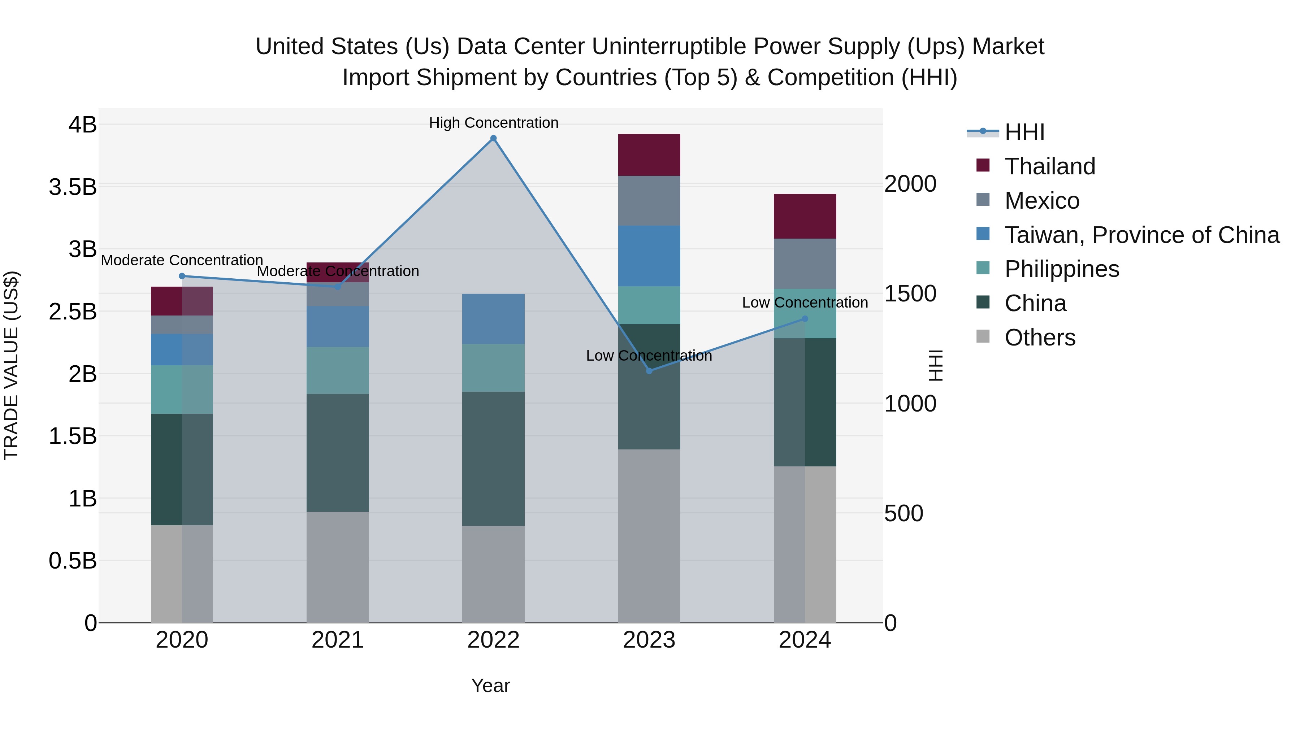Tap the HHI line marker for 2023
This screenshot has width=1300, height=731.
(x=649, y=371)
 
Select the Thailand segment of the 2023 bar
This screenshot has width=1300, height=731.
(x=649, y=155)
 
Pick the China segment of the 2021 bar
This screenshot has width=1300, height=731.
(x=338, y=453)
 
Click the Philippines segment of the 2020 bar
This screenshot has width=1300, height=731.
(x=182, y=390)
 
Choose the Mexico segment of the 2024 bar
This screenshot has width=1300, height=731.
(x=805, y=264)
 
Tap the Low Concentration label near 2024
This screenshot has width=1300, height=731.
(x=805, y=303)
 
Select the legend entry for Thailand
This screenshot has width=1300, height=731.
(x=1050, y=166)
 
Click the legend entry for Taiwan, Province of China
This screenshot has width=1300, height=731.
(x=1141, y=235)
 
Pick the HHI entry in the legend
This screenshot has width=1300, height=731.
(x=1024, y=132)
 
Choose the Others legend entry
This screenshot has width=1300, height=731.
(x=1040, y=338)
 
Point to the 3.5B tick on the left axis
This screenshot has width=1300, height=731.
(x=73, y=187)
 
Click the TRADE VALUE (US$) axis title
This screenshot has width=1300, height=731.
(x=11, y=365)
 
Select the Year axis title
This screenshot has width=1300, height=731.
(x=490, y=686)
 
